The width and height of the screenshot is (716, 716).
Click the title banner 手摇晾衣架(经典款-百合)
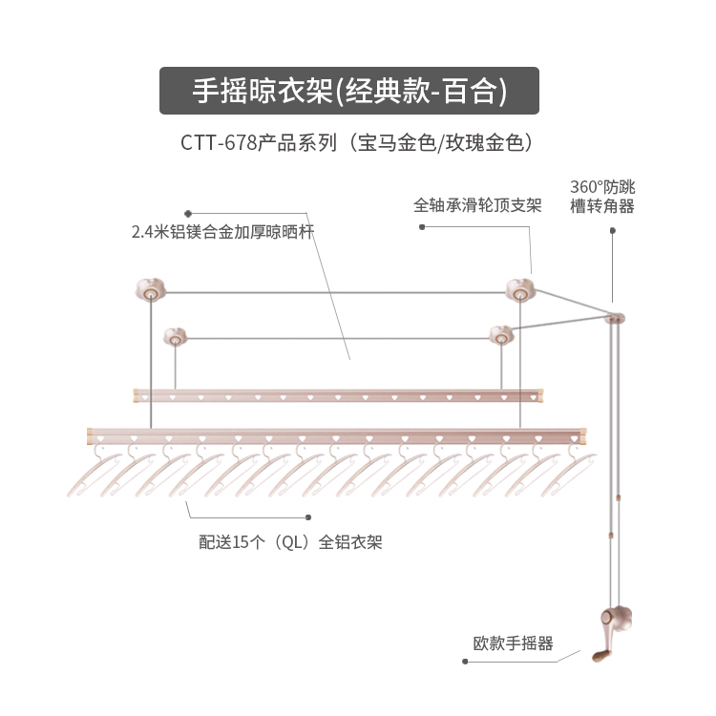click(x=348, y=91)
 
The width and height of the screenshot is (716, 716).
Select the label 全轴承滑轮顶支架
click(x=477, y=205)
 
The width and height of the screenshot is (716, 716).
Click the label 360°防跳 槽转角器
click(x=601, y=196)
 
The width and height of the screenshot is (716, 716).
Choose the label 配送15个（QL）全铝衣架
click(x=291, y=541)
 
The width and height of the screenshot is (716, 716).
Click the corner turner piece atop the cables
click(x=617, y=316)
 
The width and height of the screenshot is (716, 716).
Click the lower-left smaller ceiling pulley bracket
click(x=175, y=335)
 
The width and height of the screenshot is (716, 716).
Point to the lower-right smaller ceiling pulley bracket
click(x=500, y=334)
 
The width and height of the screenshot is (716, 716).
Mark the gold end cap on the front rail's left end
click(x=90, y=436)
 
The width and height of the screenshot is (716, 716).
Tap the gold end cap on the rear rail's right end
click(x=540, y=393)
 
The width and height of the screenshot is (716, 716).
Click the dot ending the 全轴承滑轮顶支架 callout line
click(x=421, y=227)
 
